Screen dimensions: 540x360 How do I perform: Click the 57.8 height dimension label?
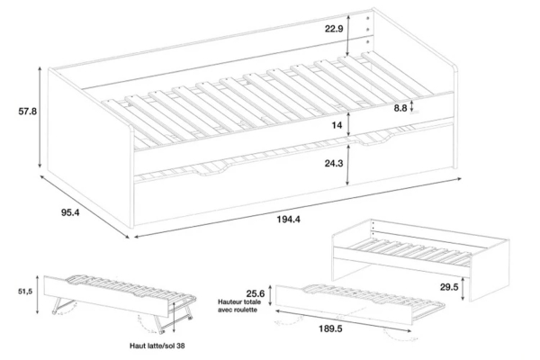(28, 112)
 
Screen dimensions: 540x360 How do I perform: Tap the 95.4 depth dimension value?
(70, 212)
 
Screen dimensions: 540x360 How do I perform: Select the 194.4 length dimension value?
(289, 219)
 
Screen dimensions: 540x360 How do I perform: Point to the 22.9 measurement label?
(334, 29)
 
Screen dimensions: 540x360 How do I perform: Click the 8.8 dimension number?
(400, 108)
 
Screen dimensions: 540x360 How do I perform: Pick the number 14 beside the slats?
(337, 125)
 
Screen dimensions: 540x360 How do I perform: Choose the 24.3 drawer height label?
(334, 163)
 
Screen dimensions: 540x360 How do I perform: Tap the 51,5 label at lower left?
(25, 292)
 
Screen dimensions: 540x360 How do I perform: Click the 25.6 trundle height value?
(256, 293)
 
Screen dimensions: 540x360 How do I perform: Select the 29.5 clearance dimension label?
(449, 287)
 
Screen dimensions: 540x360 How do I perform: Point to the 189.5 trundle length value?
(330, 329)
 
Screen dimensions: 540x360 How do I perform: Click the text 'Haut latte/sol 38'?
(157, 346)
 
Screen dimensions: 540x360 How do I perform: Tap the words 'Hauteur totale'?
(239, 302)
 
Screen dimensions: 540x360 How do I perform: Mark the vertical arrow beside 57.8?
(40, 118)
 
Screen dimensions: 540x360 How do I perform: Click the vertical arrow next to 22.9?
(347, 35)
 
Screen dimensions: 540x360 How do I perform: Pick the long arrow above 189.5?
(344, 320)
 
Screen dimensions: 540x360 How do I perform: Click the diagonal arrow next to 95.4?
(85, 207)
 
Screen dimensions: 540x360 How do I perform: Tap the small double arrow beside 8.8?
(411, 106)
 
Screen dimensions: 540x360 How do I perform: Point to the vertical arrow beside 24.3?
(348, 165)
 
